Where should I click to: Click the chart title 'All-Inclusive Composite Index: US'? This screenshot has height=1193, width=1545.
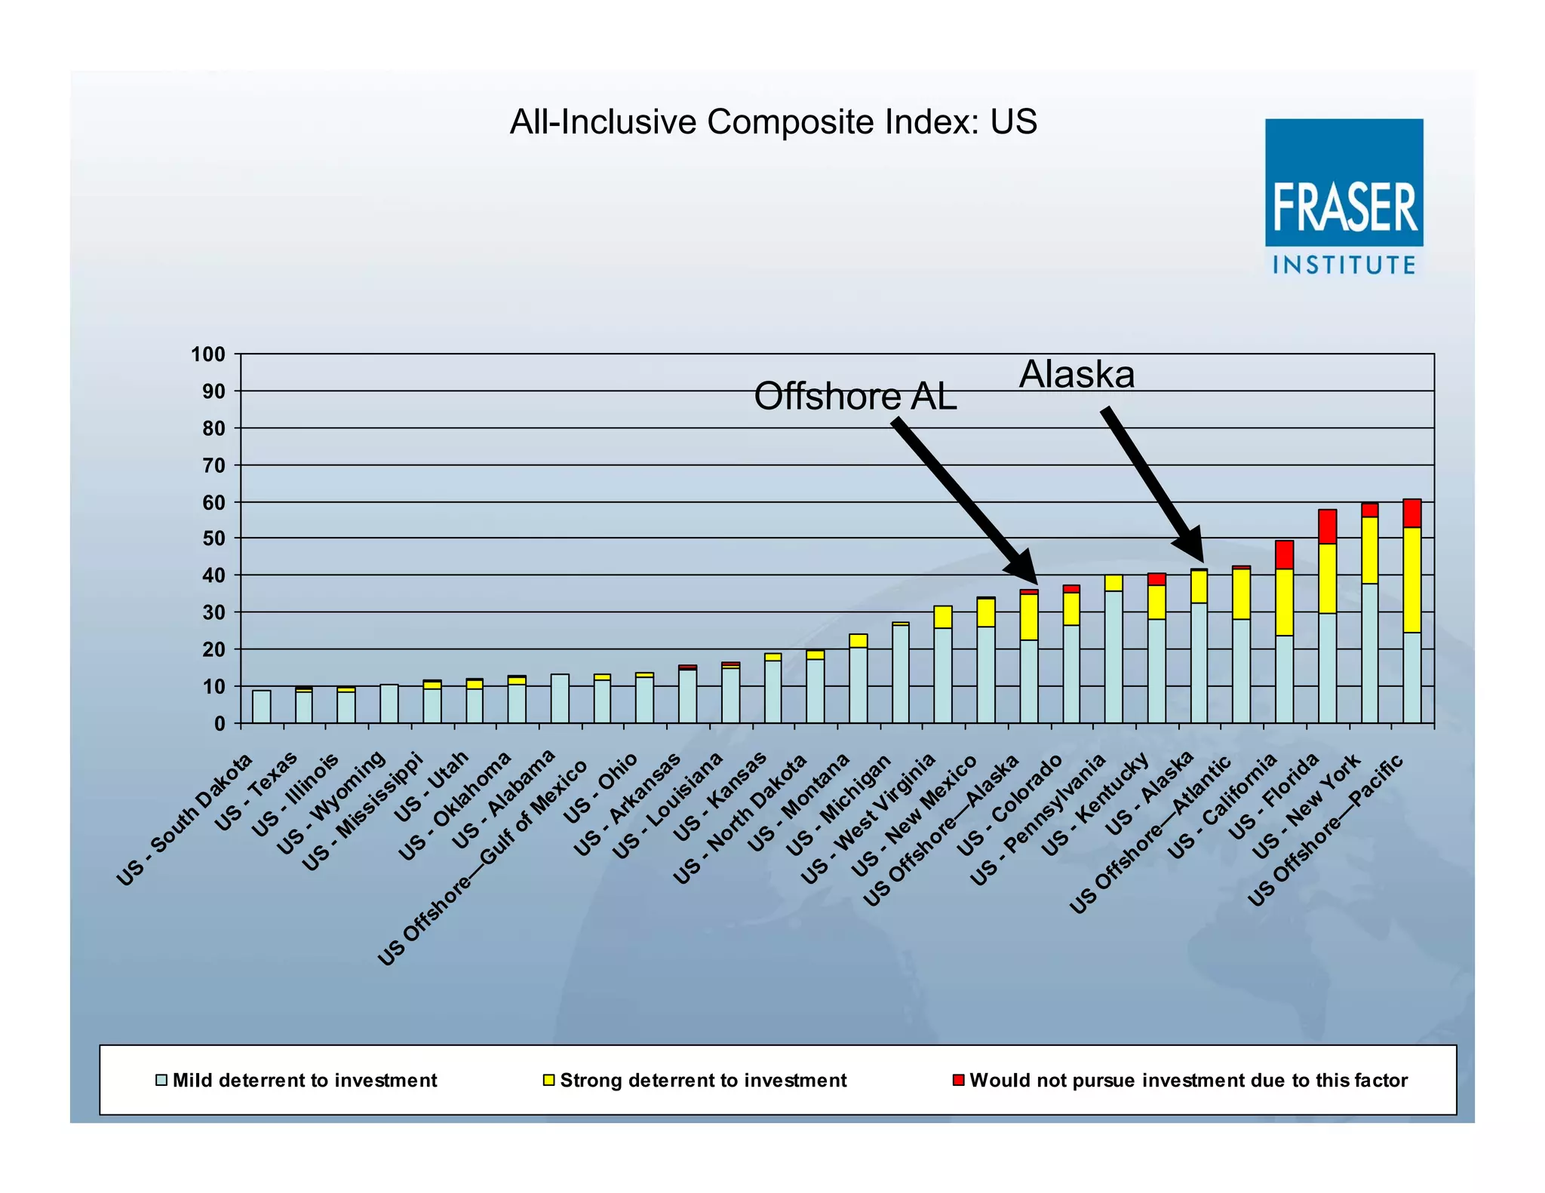773,122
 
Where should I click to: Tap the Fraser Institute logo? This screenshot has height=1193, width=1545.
1344,196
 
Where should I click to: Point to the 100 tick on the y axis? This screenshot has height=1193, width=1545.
208,354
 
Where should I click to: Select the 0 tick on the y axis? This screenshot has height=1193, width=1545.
219,723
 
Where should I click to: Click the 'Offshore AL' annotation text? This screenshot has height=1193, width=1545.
855,397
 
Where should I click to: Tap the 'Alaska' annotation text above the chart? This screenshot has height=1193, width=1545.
1077,375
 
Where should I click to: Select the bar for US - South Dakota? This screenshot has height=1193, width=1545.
261,707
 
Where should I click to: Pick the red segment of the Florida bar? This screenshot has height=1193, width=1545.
1327,526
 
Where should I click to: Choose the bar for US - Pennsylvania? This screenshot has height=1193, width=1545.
1113,656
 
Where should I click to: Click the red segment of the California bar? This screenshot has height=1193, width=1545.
1284,554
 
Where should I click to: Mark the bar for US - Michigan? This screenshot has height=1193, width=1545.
900,673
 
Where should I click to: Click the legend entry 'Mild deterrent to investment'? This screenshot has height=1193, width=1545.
296,1081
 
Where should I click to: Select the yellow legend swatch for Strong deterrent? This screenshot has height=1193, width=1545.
548,1081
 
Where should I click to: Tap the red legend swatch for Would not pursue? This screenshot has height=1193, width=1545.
958,1081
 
